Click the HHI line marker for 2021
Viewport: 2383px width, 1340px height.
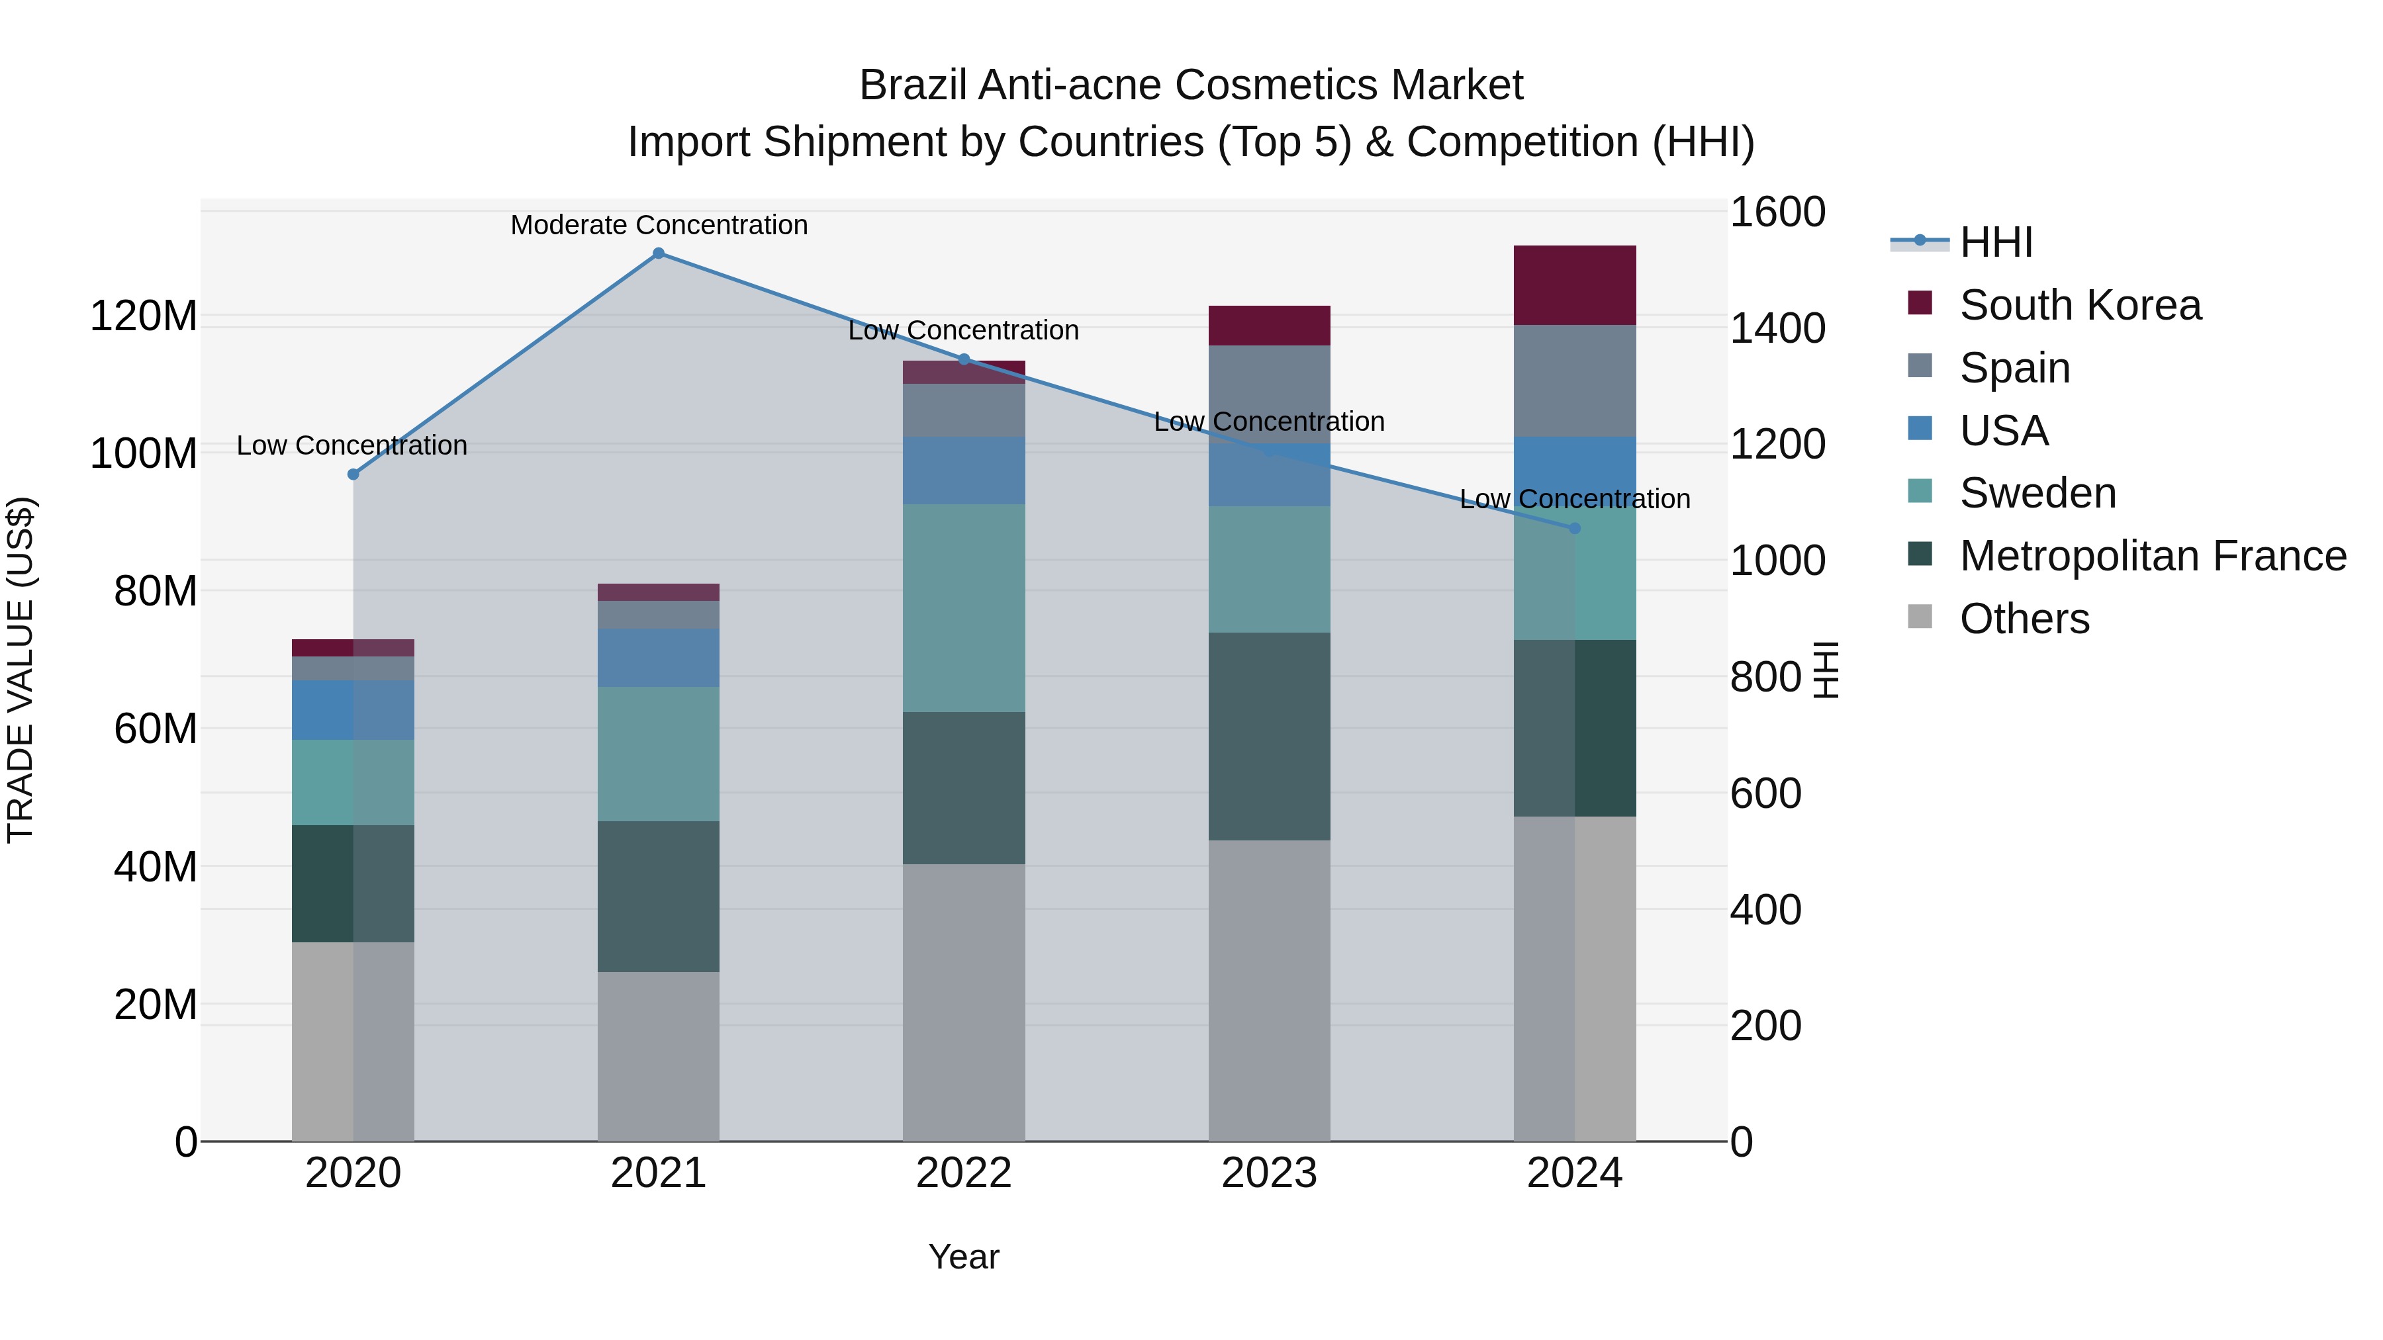pyautogui.click(x=658, y=253)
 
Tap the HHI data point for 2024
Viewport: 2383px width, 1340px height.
pyautogui.click(x=1575, y=528)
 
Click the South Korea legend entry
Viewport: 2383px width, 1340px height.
pyautogui.click(x=2080, y=305)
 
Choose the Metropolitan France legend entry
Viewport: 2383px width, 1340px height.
pyautogui.click(x=2152, y=556)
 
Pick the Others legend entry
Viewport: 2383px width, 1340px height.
pyautogui.click(x=2024, y=619)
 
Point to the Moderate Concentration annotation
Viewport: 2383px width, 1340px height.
pyautogui.click(x=659, y=225)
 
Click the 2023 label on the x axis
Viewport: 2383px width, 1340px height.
pyautogui.click(x=1268, y=1173)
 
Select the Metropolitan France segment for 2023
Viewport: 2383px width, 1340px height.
pyautogui.click(x=1268, y=736)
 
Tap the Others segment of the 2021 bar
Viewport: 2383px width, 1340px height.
pyautogui.click(x=658, y=1055)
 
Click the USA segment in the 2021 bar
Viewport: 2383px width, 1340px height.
pyautogui.click(x=658, y=658)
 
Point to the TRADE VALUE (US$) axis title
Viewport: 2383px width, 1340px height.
pyautogui.click(x=21, y=670)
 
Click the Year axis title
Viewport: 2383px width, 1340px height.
pyautogui.click(x=963, y=1257)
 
